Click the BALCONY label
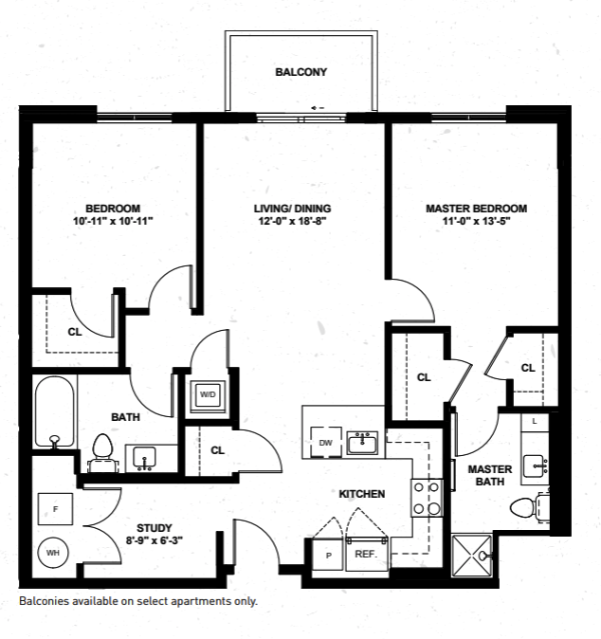(x=301, y=72)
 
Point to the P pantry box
(x=328, y=555)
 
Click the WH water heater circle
(x=53, y=552)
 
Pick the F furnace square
(x=56, y=510)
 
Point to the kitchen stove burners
(x=428, y=497)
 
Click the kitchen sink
(x=362, y=442)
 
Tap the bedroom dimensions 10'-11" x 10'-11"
(x=113, y=220)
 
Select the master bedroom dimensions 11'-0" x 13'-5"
(x=476, y=220)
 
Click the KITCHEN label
(x=362, y=494)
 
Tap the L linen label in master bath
(x=535, y=420)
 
